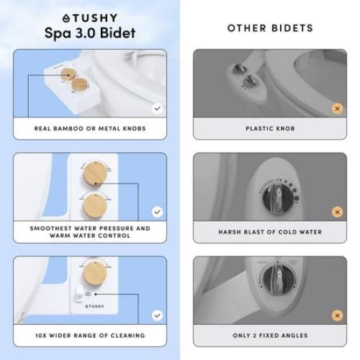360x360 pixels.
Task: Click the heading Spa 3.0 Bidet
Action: pyautogui.click(x=90, y=35)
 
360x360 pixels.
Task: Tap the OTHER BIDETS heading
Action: pyautogui.click(x=270, y=28)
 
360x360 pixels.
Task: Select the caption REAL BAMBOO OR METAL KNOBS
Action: pyautogui.click(x=90, y=129)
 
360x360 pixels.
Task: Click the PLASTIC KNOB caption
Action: pyautogui.click(x=270, y=129)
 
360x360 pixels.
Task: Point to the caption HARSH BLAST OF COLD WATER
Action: pyautogui.click(x=270, y=232)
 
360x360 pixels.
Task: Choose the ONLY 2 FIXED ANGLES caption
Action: pyautogui.click(x=270, y=335)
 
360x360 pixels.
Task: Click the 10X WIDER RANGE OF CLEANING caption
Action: pyautogui.click(x=90, y=335)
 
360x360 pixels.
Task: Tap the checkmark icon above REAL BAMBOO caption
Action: pyautogui.click(x=157, y=109)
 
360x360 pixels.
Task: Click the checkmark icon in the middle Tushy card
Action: pyautogui.click(x=157, y=212)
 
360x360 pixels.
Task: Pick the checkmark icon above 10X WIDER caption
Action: pyautogui.click(x=157, y=315)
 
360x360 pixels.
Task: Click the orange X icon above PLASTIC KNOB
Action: pyautogui.click(x=336, y=109)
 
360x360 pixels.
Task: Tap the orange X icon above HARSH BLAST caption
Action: pyautogui.click(x=336, y=212)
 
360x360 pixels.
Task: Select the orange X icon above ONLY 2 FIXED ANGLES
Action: pyautogui.click(x=336, y=315)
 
